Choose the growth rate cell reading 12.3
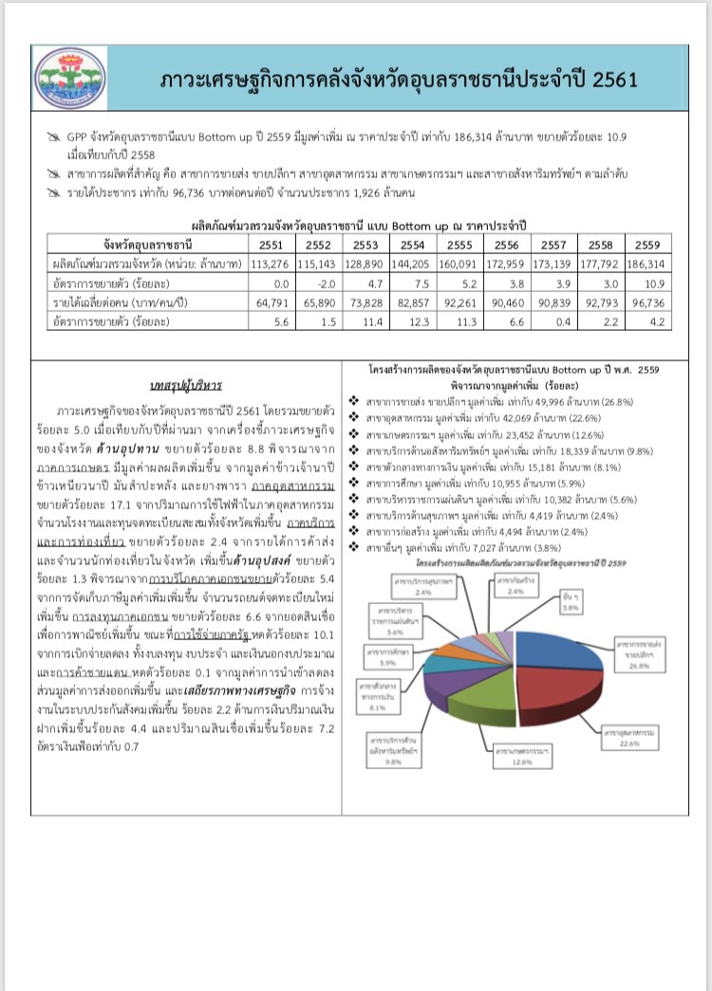coord(414,321)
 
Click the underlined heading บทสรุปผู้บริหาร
coord(186,386)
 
